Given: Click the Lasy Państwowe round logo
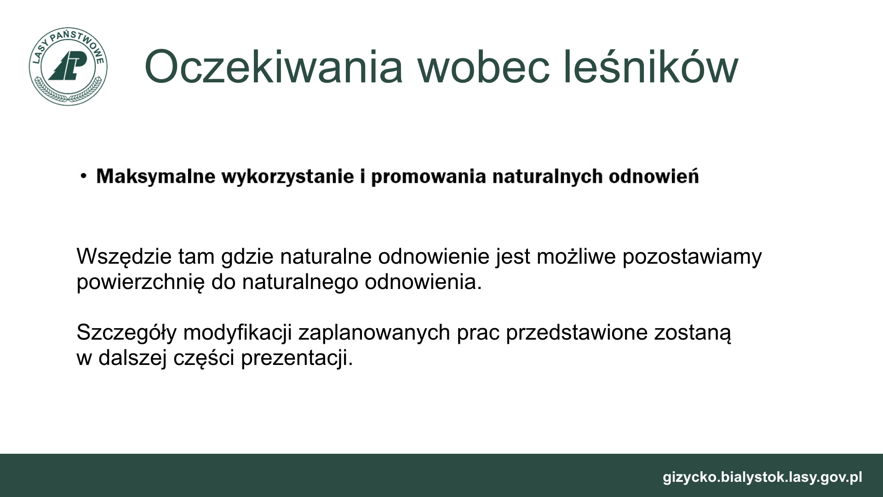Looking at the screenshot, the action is coord(68,66).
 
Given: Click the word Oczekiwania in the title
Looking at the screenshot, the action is coord(274,67).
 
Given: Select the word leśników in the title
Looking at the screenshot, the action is coord(651,67).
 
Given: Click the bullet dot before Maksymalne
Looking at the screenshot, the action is coord(83,176).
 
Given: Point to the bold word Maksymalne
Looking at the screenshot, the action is coord(156,177).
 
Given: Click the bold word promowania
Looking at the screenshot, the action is coord(429,177).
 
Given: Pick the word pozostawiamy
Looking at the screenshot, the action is coord(692,257).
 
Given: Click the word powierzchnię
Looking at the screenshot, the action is coord(140,282).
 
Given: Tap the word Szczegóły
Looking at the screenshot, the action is coord(126,333).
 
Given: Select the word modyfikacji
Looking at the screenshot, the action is coord(237,333).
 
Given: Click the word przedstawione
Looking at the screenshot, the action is coord(577,333).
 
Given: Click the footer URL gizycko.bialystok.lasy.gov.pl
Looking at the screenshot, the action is coord(763,477).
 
